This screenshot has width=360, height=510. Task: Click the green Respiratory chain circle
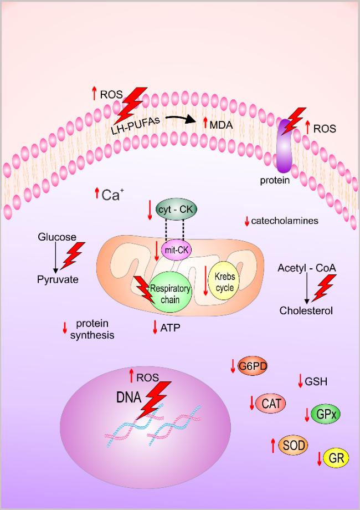coord(171,294)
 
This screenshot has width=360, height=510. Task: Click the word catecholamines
coord(285,221)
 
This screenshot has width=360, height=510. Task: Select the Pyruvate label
coord(58,279)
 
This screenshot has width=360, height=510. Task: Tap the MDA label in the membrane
coord(221,125)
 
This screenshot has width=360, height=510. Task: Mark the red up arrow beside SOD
coord(272,444)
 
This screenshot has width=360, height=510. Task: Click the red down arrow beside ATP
coord(155,328)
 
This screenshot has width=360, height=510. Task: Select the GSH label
coord(316,381)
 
